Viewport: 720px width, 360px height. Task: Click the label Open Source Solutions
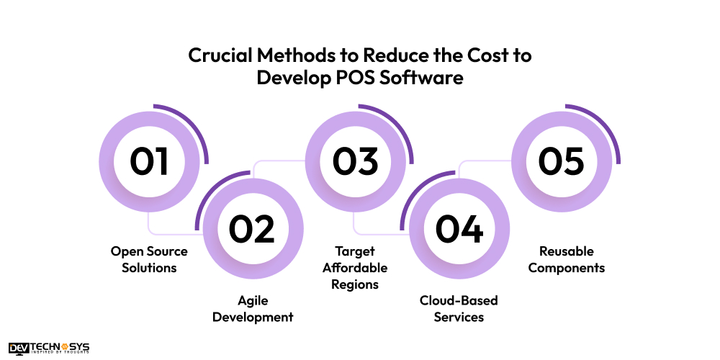coord(149,259)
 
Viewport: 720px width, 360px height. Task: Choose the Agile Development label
coord(251,308)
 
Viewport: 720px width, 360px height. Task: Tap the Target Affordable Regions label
coord(355,268)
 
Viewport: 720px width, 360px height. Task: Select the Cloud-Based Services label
coord(459,308)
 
